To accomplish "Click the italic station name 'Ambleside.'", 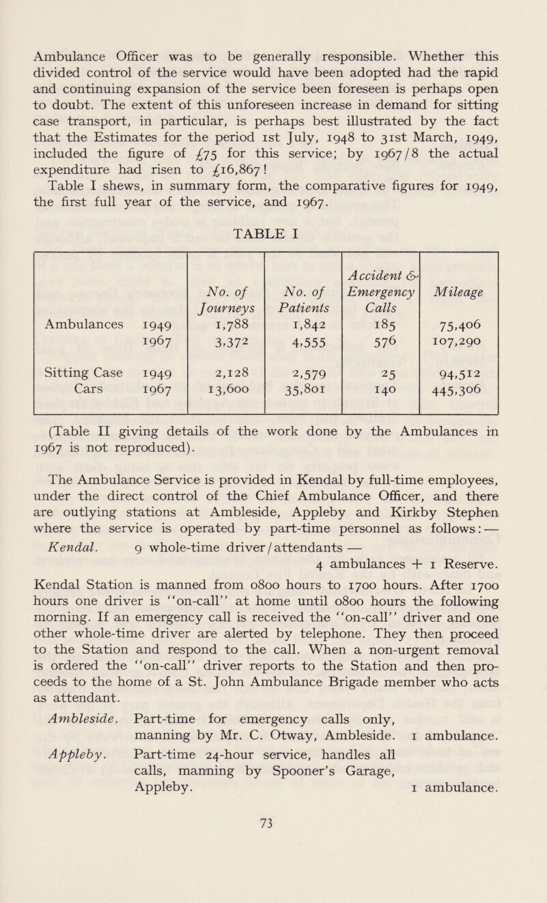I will click(x=81, y=762).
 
